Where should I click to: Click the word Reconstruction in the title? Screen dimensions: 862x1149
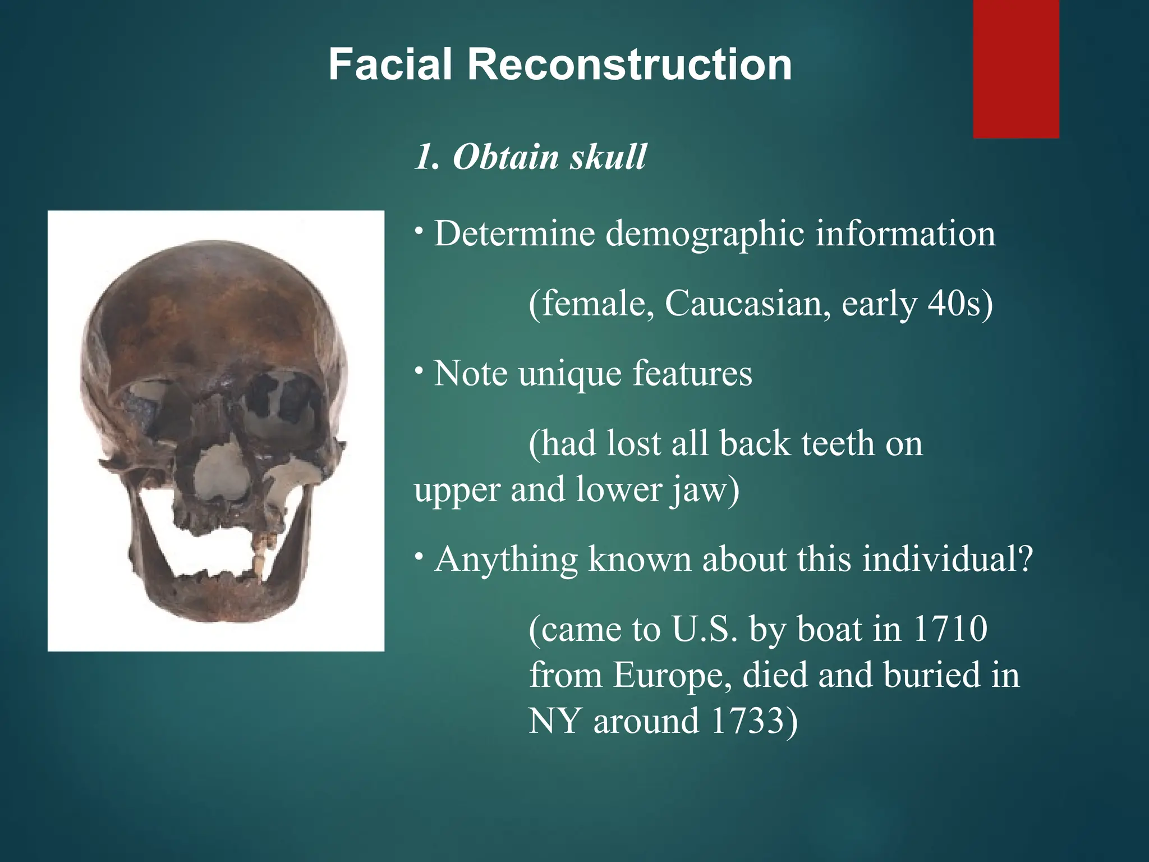(629, 65)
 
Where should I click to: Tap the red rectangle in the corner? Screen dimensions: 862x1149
(1016, 68)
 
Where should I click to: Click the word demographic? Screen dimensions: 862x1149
(705, 234)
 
